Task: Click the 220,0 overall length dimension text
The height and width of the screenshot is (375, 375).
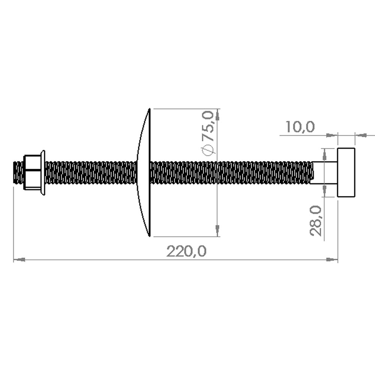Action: pyautogui.click(x=186, y=251)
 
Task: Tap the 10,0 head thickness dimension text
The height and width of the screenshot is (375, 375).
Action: pyautogui.click(x=300, y=127)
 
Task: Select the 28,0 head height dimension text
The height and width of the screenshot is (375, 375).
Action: pyautogui.click(x=316, y=221)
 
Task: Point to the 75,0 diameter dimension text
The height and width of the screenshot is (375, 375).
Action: pyautogui.click(x=207, y=126)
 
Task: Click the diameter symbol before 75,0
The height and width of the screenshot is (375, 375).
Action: pyautogui.click(x=208, y=150)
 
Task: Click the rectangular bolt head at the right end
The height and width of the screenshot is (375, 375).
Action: pyautogui.click(x=346, y=172)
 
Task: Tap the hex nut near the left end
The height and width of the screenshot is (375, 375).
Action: pyautogui.click(x=32, y=172)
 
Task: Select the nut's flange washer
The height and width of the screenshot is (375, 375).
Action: pyautogui.click(x=43, y=172)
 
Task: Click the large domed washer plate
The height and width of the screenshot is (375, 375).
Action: pyautogui.click(x=144, y=172)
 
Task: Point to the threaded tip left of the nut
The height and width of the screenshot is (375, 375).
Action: pyautogui.click(x=18, y=172)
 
